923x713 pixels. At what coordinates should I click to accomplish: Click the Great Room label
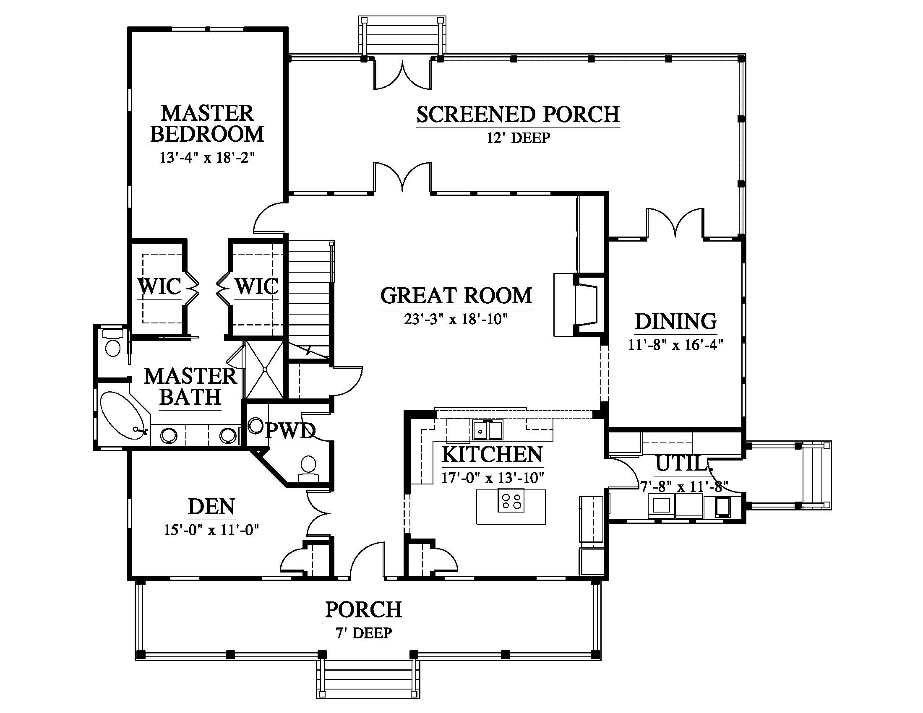point(456,296)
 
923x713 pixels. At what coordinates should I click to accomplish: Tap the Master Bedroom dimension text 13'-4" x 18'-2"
point(207,158)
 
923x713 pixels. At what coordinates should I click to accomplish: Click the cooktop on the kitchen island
point(511,500)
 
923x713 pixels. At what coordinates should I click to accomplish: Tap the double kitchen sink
point(488,430)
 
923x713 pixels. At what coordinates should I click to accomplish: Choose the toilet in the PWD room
point(309,468)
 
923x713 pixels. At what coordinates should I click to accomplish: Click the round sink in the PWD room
point(256,426)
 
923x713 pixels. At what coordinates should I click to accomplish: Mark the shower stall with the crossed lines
point(265,369)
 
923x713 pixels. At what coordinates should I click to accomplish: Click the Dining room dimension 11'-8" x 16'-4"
point(675,345)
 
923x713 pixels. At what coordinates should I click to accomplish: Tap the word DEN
point(211,507)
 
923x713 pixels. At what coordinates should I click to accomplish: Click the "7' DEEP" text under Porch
point(363,633)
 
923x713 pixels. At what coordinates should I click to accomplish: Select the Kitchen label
point(493,455)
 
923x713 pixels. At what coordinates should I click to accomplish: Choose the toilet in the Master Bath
point(112,343)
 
